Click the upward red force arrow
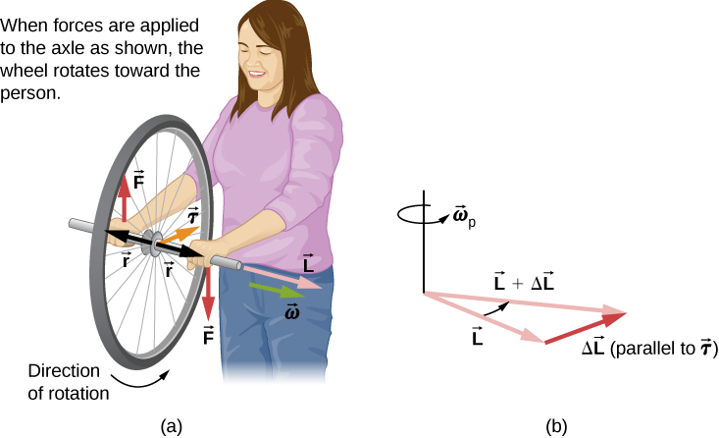pyautogui.click(x=125, y=200)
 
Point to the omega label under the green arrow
pyautogui.click(x=291, y=312)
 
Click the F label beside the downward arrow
pyautogui.click(x=209, y=336)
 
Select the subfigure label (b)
pyautogui.click(x=556, y=426)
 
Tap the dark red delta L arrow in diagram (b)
pyautogui.click(x=584, y=327)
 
